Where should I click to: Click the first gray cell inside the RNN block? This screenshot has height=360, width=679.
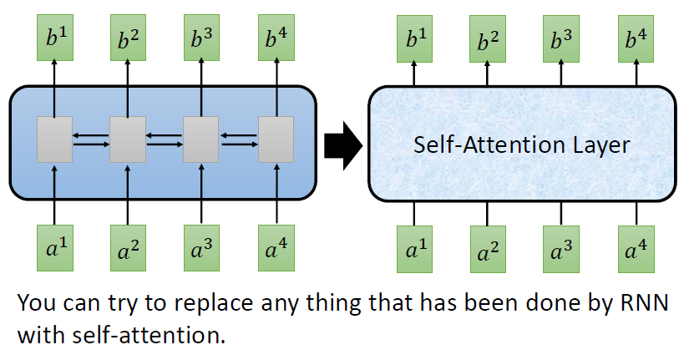[54, 139]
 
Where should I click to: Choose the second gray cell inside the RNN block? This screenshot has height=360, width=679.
[128, 139]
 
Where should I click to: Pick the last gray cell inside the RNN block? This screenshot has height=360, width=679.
[273, 139]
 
